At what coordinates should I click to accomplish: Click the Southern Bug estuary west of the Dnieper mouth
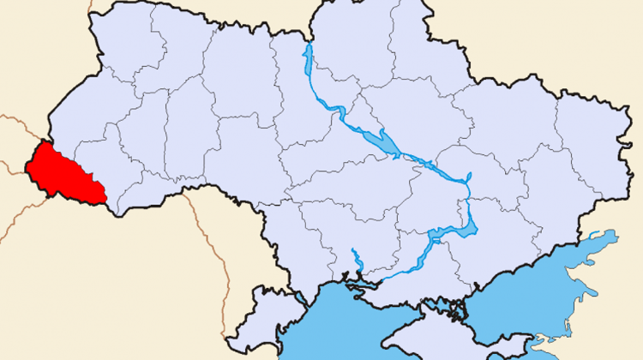point(354,257)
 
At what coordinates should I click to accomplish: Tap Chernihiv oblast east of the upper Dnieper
point(360,51)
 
